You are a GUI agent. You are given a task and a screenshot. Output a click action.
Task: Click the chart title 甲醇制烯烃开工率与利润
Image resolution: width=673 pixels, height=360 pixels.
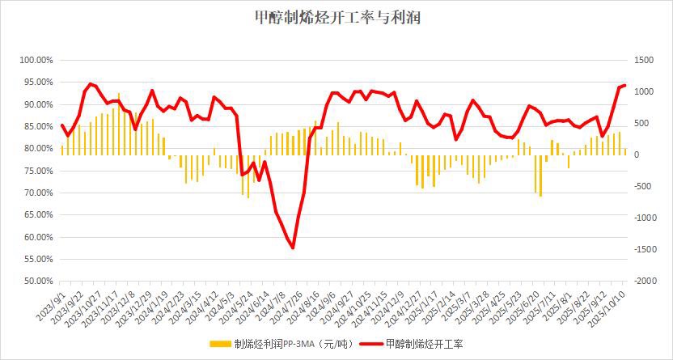point(336,17)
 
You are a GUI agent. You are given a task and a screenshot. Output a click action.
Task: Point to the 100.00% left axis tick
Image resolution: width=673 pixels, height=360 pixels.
point(36,61)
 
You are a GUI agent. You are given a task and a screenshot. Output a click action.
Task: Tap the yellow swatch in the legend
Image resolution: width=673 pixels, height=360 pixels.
point(220,343)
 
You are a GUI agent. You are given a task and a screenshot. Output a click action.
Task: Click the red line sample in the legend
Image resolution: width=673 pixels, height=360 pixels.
point(370,343)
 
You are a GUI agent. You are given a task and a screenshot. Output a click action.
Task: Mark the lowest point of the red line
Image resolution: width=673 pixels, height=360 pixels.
point(293,248)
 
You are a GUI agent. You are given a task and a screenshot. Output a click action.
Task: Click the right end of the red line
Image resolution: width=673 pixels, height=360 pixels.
point(624,85)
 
